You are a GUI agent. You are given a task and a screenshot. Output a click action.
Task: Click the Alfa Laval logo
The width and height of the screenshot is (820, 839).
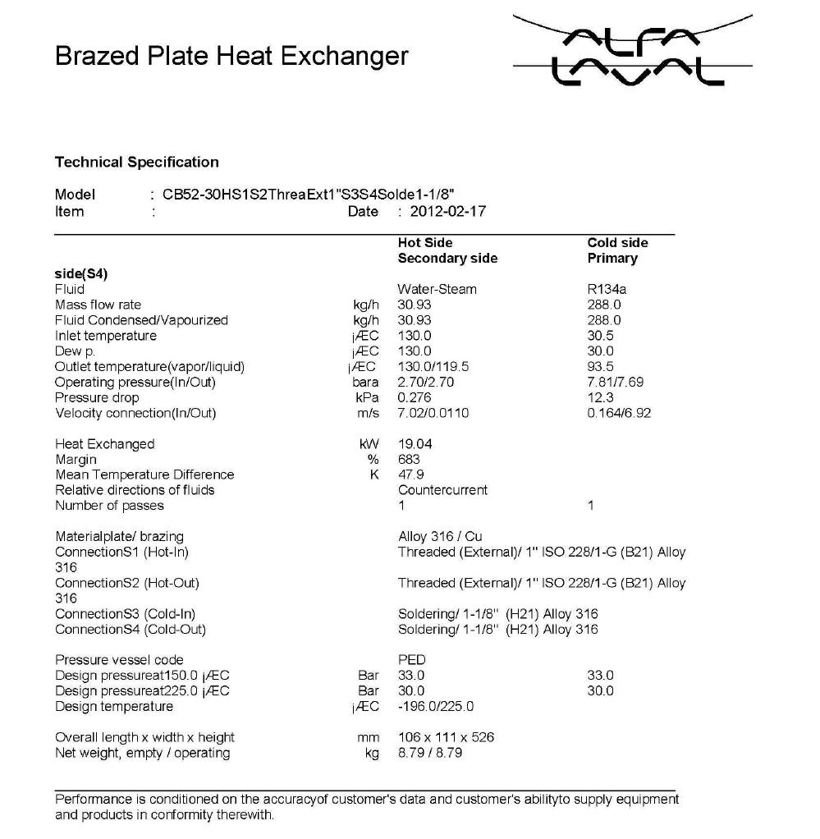pyautogui.click(x=632, y=52)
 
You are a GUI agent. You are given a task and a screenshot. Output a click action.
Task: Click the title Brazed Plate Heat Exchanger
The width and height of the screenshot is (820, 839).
pyautogui.click(x=231, y=56)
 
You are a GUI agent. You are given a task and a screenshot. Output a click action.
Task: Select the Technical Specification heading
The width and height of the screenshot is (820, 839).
pyautogui.click(x=136, y=162)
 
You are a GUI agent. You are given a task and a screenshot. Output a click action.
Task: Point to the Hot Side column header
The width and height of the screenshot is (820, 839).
pyautogui.click(x=424, y=243)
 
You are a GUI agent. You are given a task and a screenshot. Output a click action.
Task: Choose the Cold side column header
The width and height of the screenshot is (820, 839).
pyautogui.click(x=617, y=243)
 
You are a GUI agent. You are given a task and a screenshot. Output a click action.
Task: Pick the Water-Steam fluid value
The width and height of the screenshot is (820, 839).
pyautogui.click(x=437, y=289)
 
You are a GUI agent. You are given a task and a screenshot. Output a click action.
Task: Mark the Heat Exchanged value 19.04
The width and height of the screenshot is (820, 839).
pyautogui.click(x=415, y=444)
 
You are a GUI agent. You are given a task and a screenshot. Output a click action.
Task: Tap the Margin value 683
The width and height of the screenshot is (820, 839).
pyautogui.click(x=408, y=460)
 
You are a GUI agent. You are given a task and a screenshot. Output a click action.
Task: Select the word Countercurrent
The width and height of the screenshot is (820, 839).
pyautogui.click(x=442, y=490)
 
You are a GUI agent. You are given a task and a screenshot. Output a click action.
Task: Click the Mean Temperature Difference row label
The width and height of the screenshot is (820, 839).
pyautogui.click(x=144, y=475)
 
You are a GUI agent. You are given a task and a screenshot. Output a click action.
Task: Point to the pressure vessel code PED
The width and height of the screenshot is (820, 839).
pyautogui.click(x=411, y=660)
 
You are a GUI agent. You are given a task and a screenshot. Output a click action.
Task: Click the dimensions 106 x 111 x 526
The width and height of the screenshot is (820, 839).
pyautogui.click(x=446, y=737)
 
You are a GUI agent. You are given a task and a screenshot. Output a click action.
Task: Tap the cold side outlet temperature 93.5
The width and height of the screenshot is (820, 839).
pyautogui.click(x=600, y=366)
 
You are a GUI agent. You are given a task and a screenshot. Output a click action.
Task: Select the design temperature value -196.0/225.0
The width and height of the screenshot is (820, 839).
pyautogui.click(x=435, y=706)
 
